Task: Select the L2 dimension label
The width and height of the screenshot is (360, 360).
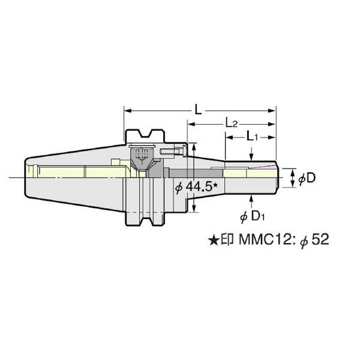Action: pos(232,124)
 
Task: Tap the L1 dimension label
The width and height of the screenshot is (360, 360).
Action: pos(253,137)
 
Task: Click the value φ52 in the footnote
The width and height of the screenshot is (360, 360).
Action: pos(316,241)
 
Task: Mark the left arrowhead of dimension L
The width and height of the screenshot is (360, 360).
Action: pos(127,110)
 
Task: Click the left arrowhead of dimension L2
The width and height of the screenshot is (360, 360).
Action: pos(191,124)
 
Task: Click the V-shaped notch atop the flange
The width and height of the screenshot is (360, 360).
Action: pos(145,133)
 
